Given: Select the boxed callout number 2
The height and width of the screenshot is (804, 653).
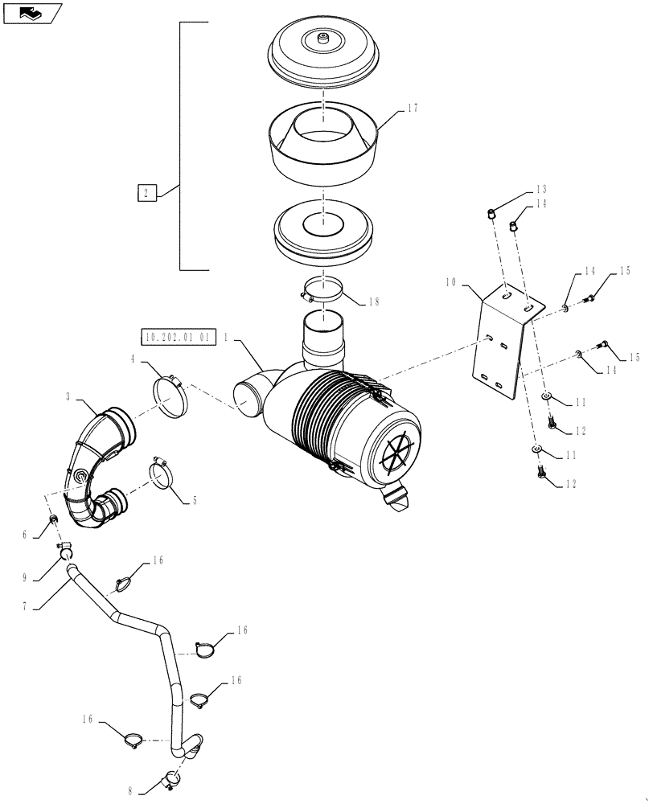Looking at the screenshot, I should [145, 192].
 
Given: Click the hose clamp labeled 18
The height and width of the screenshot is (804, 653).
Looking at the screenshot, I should [322, 290].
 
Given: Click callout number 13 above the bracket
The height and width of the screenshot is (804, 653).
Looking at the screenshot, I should [540, 190].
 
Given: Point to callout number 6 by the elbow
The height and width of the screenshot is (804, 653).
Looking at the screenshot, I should [47, 535].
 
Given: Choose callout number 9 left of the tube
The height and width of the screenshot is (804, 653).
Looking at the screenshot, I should [47, 577].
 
